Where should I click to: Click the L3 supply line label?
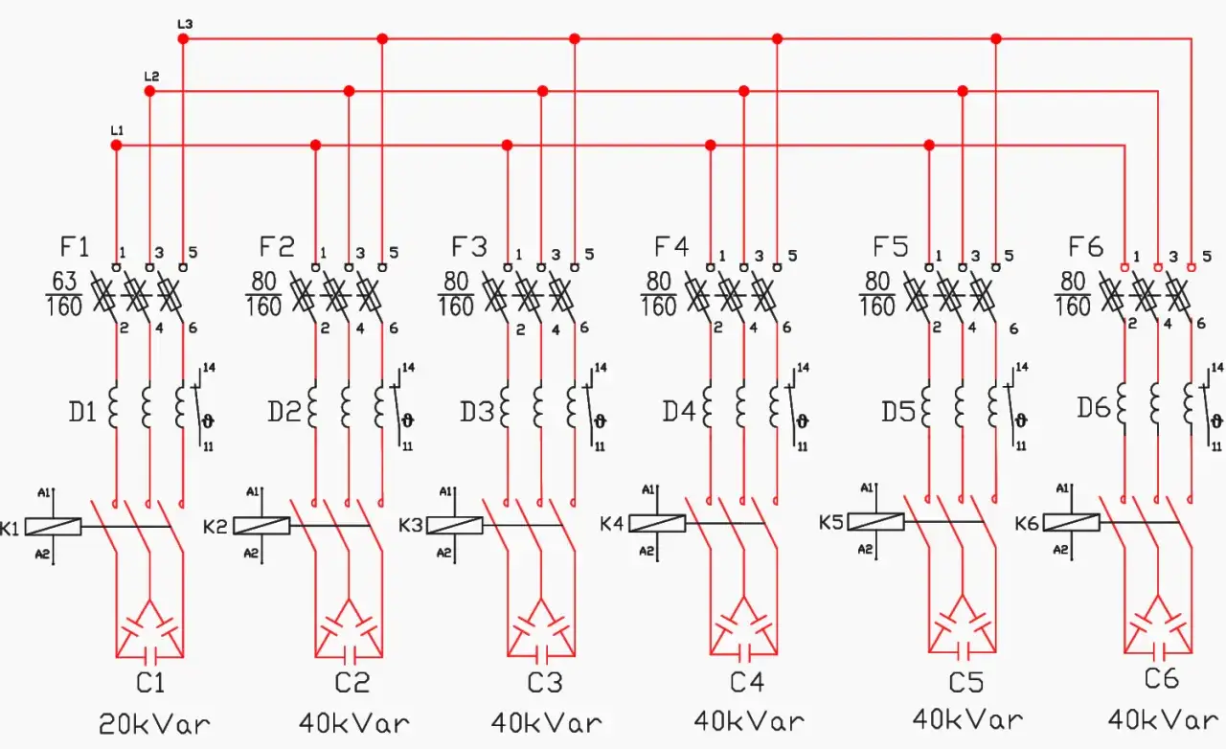click(185, 24)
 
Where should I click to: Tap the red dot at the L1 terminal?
click(116, 145)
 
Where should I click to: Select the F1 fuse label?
click(75, 246)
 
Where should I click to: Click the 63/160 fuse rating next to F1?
click(63, 294)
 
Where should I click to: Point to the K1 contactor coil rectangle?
click(53, 527)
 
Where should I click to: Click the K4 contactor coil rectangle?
click(657, 523)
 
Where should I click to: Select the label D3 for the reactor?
click(477, 412)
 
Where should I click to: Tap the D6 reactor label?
click(1094, 408)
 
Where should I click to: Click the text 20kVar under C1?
click(154, 724)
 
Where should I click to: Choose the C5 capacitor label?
click(966, 683)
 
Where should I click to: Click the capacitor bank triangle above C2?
click(349, 628)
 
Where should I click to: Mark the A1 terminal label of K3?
click(445, 491)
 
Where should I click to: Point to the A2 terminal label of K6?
click(1060, 549)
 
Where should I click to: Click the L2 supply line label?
click(151, 76)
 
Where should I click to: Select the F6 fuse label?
click(1085, 247)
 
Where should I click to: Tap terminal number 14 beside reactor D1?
click(209, 367)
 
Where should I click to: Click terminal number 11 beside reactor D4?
click(803, 446)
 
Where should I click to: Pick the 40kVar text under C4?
click(749, 721)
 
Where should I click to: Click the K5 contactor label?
click(830, 523)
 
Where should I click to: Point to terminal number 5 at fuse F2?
click(394, 253)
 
